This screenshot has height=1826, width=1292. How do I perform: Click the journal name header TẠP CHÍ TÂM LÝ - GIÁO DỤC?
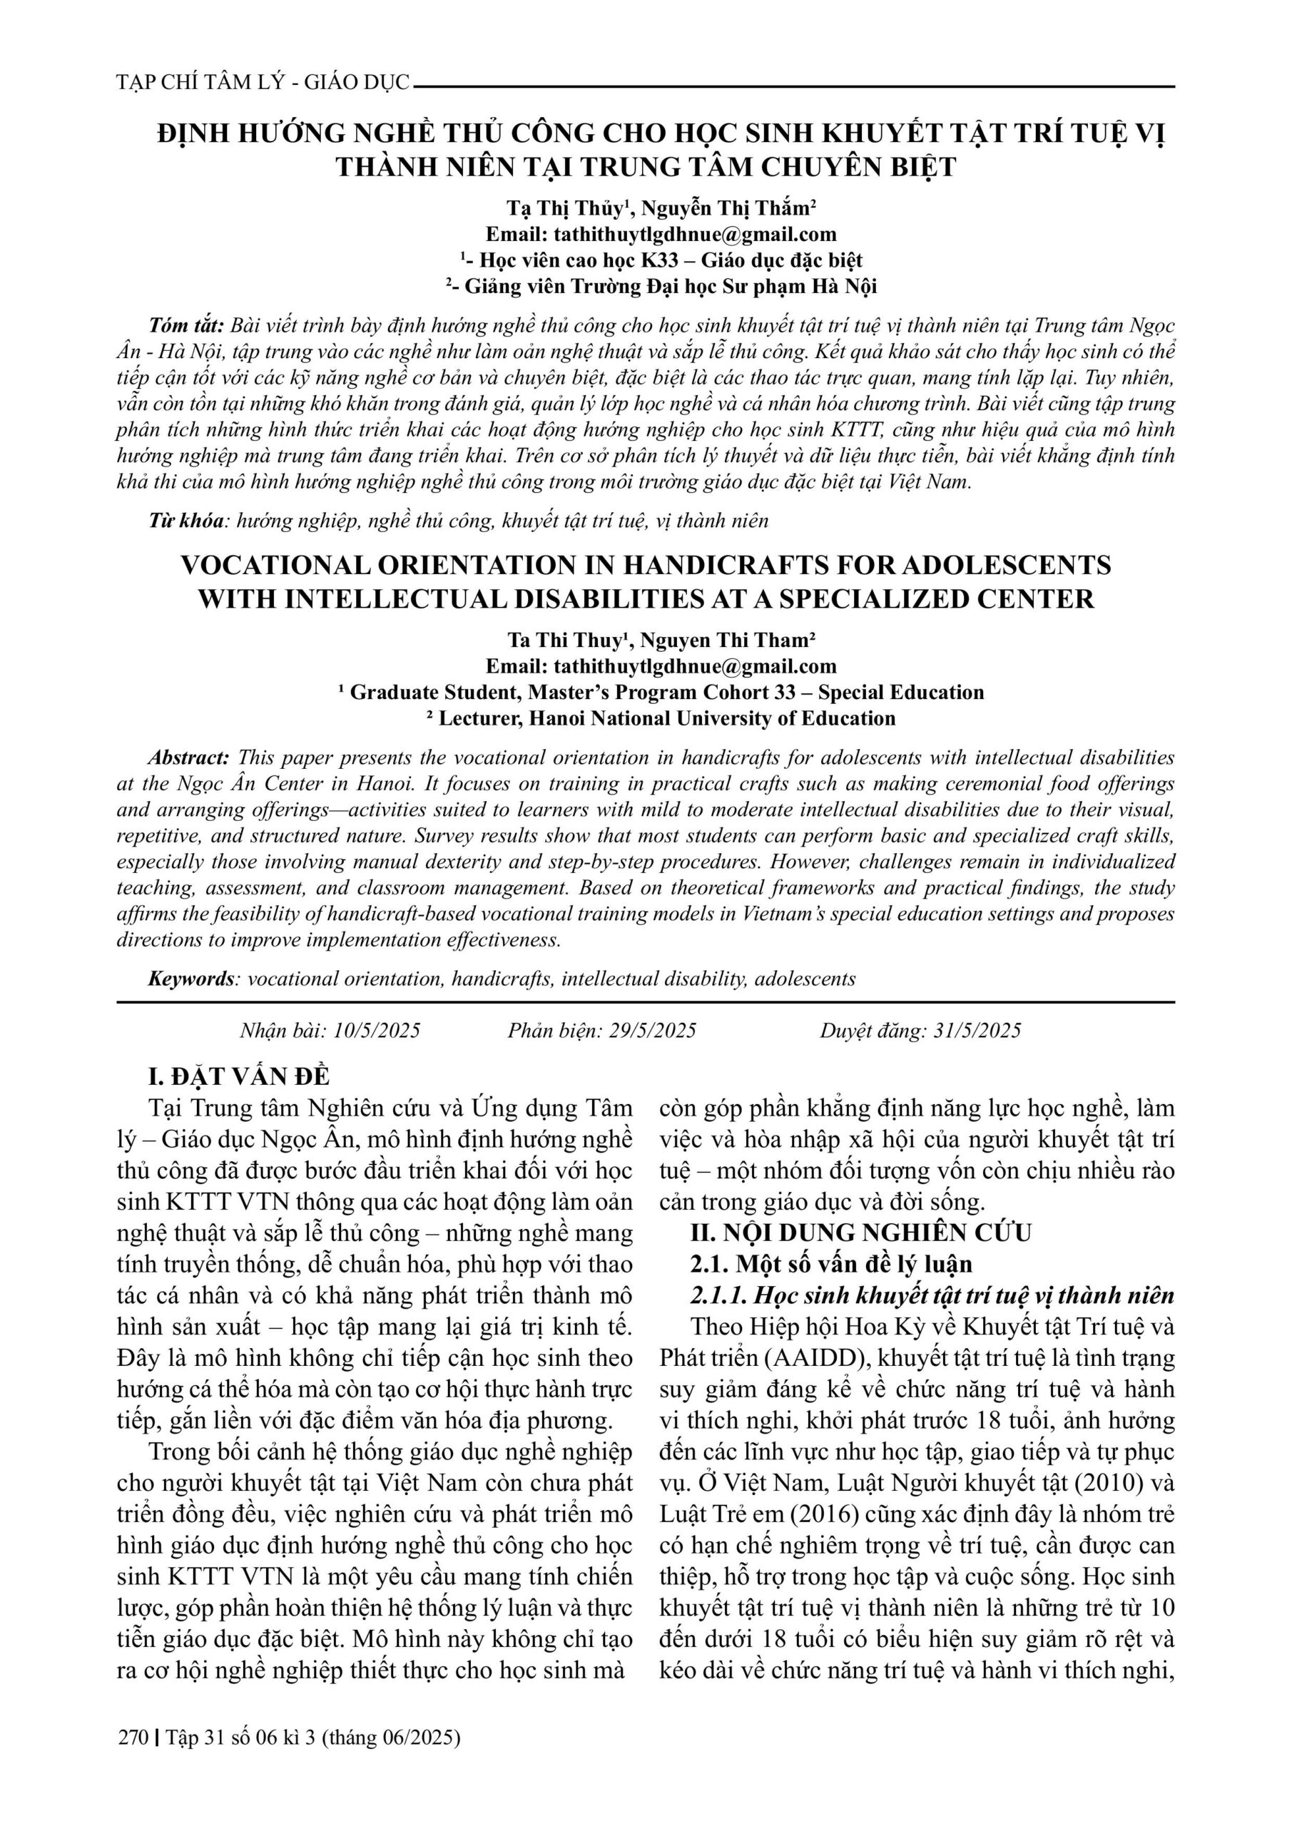(263, 82)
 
